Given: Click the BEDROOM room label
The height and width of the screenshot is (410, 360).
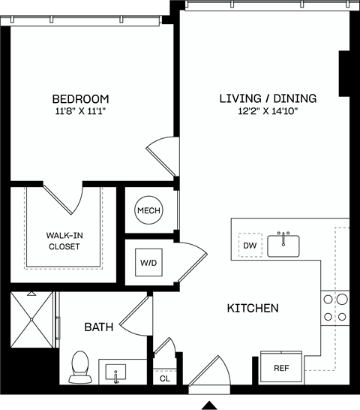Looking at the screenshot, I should [80, 99].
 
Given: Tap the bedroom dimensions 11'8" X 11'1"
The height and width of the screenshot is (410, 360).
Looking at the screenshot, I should [80, 113].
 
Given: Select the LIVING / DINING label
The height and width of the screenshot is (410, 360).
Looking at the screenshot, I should [268, 98].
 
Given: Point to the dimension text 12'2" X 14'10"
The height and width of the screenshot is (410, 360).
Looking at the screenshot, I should [268, 112].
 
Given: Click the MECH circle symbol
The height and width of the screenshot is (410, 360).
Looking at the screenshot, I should [148, 211].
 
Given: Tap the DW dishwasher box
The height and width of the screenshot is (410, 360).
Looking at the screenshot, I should [249, 246].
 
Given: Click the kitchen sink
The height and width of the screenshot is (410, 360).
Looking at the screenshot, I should [284, 245].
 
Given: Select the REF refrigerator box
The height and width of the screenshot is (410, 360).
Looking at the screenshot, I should [280, 368].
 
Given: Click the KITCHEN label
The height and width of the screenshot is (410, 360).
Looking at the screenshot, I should [253, 309].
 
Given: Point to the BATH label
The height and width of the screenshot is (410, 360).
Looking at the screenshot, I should [98, 327].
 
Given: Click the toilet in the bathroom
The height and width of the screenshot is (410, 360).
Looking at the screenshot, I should [79, 365].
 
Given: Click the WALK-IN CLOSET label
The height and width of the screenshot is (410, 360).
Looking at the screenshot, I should [64, 240].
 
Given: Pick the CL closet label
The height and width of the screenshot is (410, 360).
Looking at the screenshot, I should [165, 379].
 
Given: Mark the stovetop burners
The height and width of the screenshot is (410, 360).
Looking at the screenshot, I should [335, 307].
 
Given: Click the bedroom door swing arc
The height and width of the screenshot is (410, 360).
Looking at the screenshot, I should [160, 157].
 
